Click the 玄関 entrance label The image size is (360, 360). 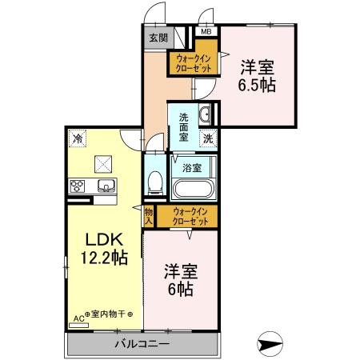158,38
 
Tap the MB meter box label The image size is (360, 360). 206,31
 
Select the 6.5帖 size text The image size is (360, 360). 257,85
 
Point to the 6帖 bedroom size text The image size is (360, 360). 181,289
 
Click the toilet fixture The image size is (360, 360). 155,182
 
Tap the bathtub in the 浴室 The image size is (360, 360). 194,189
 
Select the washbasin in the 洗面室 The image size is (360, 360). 205,114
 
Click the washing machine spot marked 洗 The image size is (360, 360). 208,138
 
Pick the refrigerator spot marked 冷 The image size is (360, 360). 78,138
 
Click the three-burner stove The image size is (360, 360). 78,186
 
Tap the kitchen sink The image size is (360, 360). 106,186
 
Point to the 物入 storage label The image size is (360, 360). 149,216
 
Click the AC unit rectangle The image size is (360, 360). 78,326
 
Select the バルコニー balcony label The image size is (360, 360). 142,344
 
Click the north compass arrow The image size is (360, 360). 270,344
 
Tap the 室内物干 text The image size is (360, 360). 108,314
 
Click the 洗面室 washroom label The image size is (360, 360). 183,127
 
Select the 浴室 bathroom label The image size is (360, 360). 192,168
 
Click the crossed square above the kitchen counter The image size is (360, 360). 103,164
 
